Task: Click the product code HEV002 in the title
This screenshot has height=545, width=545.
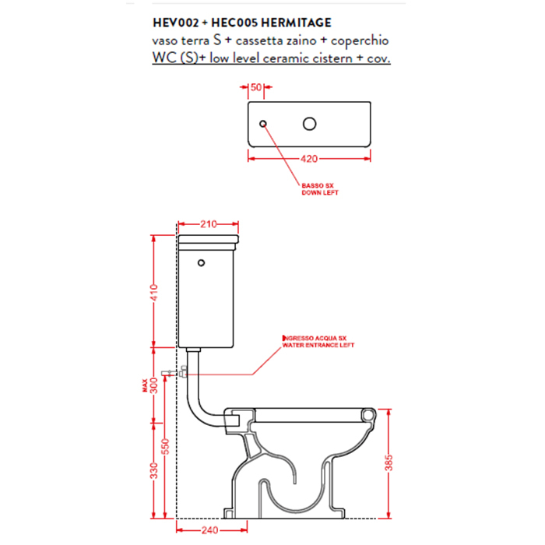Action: coord(175,23)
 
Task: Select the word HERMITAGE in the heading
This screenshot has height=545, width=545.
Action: coord(296,23)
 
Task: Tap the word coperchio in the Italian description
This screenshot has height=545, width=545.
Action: coord(360,41)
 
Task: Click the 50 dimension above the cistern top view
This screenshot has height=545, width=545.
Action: coord(256,87)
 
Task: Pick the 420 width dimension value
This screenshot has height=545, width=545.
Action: coord(309,159)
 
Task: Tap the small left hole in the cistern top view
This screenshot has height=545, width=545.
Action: coord(263,123)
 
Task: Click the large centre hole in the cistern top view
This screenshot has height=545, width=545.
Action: coord(309,124)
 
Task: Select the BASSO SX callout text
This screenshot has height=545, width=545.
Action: coord(318,185)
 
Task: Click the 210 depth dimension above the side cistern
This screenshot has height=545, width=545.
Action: coord(208,224)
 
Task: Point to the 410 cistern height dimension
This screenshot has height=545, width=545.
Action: coord(154,293)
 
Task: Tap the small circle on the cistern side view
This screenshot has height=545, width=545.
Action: coord(201,263)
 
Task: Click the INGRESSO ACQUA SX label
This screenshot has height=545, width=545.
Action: coord(315,338)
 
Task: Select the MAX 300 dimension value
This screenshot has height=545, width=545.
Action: coord(151,385)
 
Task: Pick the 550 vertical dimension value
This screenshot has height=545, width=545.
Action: coord(165,447)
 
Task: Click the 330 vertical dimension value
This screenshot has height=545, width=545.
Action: coord(154,470)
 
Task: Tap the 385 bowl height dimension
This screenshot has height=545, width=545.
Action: coord(389,462)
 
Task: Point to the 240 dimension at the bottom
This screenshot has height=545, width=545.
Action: coord(210,530)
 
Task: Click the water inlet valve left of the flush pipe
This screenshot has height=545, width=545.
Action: coord(174,373)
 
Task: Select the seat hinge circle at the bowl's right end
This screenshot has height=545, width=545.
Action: coord(368,415)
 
